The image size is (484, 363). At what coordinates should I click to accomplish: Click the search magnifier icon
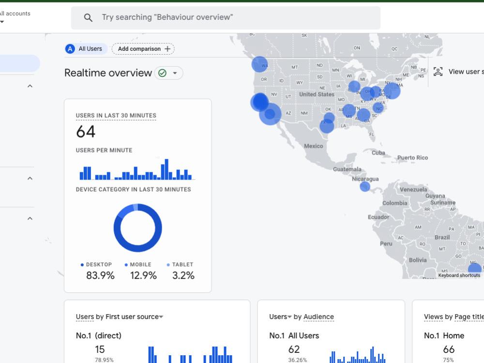click(x=88, y=18)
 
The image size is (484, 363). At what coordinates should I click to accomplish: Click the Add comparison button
click(x=143, y=49)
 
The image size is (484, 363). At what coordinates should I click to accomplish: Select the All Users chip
click(x=86, y=49)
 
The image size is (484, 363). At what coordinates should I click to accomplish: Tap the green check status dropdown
click(x=168, y=73)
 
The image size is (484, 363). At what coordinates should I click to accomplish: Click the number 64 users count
click(x=86, y=132)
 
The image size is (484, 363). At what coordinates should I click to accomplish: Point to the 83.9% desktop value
click(x=100, y=275)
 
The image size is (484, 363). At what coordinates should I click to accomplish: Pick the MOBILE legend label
click(x=140, y=265)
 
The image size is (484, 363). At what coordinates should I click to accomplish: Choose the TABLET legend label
click(x=182, y=265)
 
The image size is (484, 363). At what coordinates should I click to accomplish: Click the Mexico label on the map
click(x=313, y=146)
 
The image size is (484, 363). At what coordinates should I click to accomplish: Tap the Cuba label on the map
click(x=378, y=153)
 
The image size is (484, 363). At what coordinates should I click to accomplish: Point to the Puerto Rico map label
click(x=412, y=158)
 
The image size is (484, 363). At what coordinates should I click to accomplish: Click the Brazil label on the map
click(x=442, y=238)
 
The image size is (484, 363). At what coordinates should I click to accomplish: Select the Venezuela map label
click(x=412, y=189)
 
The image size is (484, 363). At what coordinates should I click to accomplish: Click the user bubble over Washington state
click(x=260, y=64)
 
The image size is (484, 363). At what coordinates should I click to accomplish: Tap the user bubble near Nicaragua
click(x=365, y=186)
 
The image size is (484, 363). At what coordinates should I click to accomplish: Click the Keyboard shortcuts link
click(x=459, y=275)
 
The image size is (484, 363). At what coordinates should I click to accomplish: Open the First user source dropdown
click(x=161, y=317)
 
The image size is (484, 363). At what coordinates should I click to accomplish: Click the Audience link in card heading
click(x=318, y=317)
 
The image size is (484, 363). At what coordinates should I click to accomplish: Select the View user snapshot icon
click(x=438, y=72)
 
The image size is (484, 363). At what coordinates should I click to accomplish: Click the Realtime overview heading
click(x=108, y=73)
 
